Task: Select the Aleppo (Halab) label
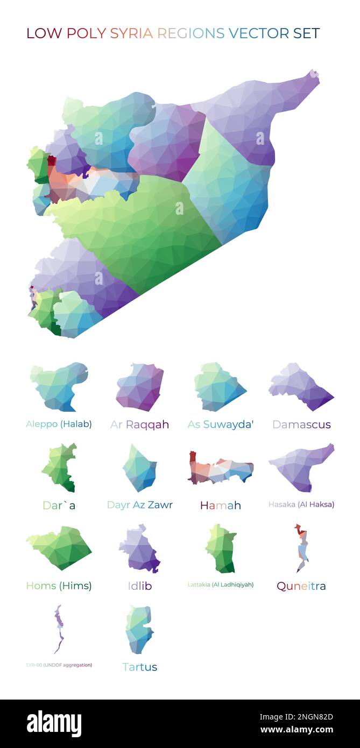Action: pyautogui.click(x=59, y=424)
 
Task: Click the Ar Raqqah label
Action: pyautogui.click(x=139, y=425)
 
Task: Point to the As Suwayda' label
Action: pyautogui.click(x=220, y=425)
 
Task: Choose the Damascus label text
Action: pyautogui.click(x=301, y=425)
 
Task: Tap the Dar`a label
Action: pyautogui.click(x=59, y=505)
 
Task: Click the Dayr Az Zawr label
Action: pyautogui.click(x=139, y=505)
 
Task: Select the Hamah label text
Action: pyautogui.click(x=220, y=505)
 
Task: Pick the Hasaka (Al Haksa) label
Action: pyautogui.click(x=301, y=504)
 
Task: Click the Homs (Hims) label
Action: pyautogui.click(x=59, y=586)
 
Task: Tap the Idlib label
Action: pyautogui.click(x=139, y=586)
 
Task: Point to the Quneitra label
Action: pyautogui.click(x=301, y=586)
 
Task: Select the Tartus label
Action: pyautogui.click(x=139, y=667)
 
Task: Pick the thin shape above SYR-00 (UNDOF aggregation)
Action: pyautogui.click(x=58, y=628)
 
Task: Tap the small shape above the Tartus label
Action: pyautogui.click(x=139, y=629)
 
